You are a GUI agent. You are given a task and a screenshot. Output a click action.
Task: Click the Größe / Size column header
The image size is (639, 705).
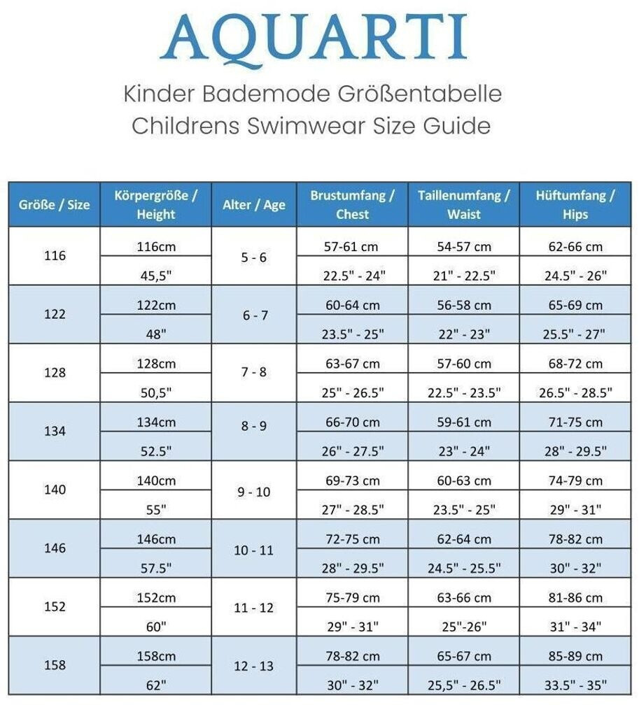54,204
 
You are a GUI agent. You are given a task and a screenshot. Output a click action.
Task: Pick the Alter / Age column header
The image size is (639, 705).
254,204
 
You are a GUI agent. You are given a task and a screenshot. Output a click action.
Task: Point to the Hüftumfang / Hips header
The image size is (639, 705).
575,204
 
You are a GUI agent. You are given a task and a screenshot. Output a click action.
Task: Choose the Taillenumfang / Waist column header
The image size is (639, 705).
464,204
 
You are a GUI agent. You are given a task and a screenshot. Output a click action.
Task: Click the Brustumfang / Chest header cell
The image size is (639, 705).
352,204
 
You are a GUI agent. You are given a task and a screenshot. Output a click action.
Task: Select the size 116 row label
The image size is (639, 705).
54,256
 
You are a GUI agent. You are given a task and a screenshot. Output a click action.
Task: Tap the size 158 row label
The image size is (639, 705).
54,666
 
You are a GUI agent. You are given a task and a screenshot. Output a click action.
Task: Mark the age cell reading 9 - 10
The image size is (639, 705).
254,492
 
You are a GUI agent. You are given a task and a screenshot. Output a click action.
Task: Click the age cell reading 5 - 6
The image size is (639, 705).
254,257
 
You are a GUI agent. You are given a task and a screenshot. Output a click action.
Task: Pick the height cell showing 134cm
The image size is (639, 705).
156,422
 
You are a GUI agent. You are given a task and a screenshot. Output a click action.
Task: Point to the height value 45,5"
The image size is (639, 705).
156,275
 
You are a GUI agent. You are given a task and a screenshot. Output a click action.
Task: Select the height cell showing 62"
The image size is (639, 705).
156,685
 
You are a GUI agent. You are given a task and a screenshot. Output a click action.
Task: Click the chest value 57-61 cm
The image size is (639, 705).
351,246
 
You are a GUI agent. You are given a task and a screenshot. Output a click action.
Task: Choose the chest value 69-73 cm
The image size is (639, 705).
351,480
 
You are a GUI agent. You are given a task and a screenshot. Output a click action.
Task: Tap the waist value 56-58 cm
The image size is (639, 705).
463,305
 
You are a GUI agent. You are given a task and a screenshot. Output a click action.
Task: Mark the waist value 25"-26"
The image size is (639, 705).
463,627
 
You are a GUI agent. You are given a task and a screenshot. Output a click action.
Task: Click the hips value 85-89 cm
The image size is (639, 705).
575,656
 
